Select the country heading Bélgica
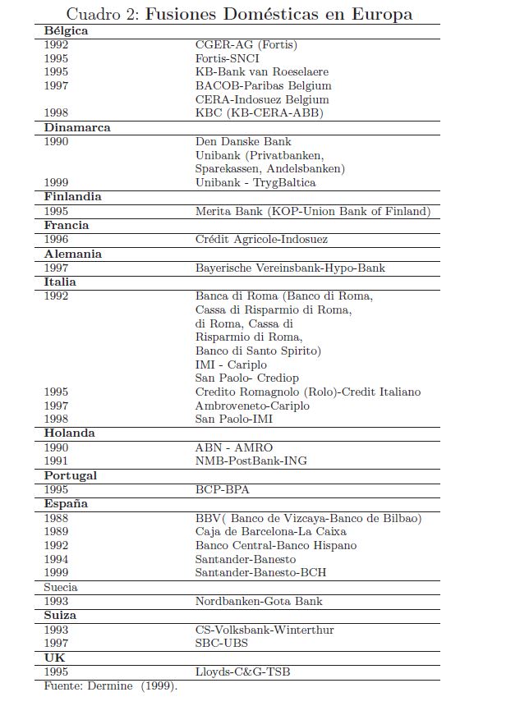[67, 31]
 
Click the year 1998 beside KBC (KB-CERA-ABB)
[57, 113]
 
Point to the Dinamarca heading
[77, 128]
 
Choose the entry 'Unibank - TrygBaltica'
[255, 182]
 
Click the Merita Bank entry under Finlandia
[312, 211]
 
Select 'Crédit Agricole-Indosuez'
[261, 240]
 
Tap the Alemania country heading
[73, 254]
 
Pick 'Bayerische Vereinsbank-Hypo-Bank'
[290, 268]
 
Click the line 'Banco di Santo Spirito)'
[258, 351]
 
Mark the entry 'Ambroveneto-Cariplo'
[252, 406]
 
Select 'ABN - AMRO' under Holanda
[234, 447]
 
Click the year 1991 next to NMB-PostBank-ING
[57, 461]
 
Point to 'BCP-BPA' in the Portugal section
[222, 490]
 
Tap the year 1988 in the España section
[57, 518]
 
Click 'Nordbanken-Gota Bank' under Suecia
[259, 601]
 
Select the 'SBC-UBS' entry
[222, 644]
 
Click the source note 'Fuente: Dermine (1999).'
[111, 685]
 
